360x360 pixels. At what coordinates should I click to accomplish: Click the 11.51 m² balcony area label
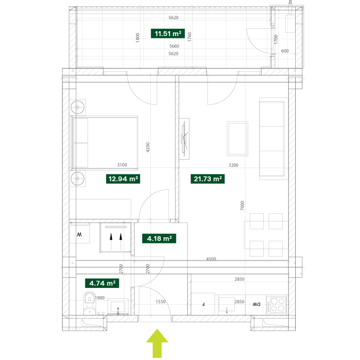[x=168, y=33]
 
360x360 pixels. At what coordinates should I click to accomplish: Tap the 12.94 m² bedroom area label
[x=123, y=179]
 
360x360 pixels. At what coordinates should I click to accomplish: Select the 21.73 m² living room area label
[x=207, y=179]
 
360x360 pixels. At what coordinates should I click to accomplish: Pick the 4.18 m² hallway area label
[x=159, y=238]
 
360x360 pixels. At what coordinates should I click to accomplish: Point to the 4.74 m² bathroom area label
[x=102, y=283]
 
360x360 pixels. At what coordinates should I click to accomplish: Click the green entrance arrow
[x=157, y=343]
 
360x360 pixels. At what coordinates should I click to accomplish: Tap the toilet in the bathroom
[x=90, y=303]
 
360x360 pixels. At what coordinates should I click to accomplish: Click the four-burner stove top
[x=277, y=305]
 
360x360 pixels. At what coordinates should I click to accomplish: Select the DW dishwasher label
[x=256, y=305]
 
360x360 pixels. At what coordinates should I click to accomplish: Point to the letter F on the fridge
[x=203, y=305]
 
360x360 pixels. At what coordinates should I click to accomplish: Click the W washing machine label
[x=79, y=234]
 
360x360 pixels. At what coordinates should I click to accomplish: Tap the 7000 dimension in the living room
[x=242, y=206]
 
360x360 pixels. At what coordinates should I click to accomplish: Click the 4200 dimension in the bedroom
[x=148, y=147]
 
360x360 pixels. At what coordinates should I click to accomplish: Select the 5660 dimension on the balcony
[x=174, y=46]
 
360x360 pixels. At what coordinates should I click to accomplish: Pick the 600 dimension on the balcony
[x=285, y=51]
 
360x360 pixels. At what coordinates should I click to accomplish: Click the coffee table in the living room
[x=238, y=139]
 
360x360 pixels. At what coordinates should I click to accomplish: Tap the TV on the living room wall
[x=184, y=139]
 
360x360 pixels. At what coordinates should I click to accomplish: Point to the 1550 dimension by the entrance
[x=161, y=301]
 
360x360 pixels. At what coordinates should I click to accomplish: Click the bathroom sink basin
[x=118, y=306]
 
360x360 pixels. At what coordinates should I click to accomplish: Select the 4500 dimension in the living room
[x=211, y=259]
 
